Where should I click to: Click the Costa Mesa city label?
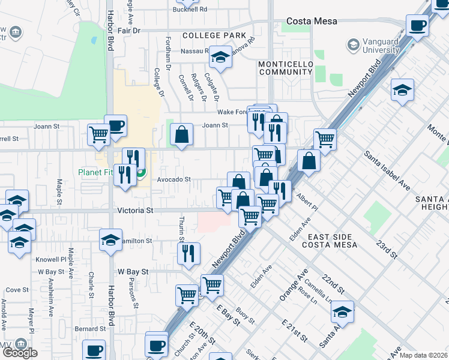coord(312,21)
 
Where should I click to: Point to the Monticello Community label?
coord(286,68)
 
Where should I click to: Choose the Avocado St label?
coord(173,179)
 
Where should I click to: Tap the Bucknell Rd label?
coord(190,10)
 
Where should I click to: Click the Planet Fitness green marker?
coord(141,175)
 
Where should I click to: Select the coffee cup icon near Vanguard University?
coord(418,25)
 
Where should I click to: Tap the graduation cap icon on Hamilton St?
coord(110,239)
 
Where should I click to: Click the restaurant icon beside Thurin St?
coord(188,253)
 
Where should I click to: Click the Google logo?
coord(20,353)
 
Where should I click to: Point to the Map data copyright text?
coord(424,355)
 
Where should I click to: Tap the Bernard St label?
coord(90,329)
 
